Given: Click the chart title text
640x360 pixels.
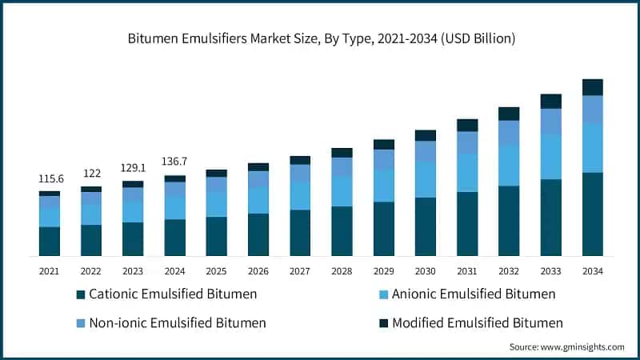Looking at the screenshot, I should [x=320, y=38].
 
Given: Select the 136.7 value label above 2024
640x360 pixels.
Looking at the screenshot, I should [x=174, y=162].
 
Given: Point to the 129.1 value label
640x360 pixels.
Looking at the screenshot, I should [x=133, y=169].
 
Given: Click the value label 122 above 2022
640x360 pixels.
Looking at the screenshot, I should [x=91, y=174].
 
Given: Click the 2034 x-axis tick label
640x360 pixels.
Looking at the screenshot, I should [x=592, y=271].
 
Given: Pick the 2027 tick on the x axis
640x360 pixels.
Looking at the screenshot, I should [x=300, y=271].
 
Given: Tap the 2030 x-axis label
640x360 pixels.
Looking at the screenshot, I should [x=426, y=271].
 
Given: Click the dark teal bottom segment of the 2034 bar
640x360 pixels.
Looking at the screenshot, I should [x=592, y=214].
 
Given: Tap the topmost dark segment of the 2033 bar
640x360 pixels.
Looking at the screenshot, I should [x=550, y=101].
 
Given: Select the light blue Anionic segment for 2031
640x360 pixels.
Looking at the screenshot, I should [x=467, y=173].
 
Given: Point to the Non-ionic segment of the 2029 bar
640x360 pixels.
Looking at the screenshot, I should [x=384, y=159].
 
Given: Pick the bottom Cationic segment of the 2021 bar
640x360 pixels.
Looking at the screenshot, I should [x=50, y=241].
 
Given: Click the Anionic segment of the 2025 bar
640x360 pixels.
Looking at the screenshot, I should [x=217, y=204].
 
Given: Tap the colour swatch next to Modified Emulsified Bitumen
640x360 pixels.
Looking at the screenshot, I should [x=383, y=323].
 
